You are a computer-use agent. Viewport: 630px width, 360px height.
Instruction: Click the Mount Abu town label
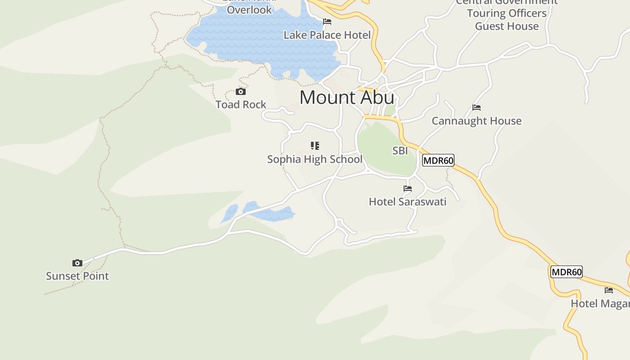346,98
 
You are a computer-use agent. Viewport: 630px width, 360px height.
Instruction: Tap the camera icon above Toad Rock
241,92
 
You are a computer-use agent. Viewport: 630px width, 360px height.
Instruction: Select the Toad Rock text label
241,105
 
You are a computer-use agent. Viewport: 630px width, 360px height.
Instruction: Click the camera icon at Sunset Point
77,263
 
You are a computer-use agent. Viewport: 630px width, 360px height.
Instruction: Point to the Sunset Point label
77,276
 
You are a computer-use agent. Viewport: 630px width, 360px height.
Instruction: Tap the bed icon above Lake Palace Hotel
327,22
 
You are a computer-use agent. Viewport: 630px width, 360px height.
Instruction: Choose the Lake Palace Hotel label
327,35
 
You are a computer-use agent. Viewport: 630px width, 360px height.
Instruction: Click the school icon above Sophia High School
315,146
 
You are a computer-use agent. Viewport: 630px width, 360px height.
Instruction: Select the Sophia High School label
315,159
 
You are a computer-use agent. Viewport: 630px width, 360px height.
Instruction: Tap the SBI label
400,151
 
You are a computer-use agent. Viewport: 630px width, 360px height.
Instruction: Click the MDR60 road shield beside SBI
438,160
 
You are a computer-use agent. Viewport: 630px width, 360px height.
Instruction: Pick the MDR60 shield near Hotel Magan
567,272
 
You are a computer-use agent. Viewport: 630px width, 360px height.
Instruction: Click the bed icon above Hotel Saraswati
408,189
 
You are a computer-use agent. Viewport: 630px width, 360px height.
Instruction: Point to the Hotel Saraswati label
408,202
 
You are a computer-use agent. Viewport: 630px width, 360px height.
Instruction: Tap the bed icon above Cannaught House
477,108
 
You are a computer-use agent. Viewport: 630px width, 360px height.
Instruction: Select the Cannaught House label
477,121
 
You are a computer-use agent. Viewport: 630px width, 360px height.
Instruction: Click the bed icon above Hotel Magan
609,290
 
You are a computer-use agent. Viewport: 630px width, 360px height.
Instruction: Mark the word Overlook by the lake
249,10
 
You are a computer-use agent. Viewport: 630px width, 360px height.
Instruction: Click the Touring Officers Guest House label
507,20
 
